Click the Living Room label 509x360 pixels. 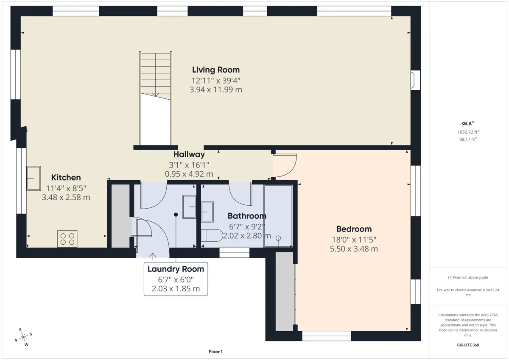[216, 70]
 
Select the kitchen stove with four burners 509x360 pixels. [67, 239]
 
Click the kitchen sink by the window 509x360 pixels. [34, 178]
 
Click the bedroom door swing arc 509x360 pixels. [292, 169]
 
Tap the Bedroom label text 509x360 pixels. [354, 229]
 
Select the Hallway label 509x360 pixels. [189, 154]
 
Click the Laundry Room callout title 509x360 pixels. [176, 269]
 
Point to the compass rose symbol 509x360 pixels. [23, 337]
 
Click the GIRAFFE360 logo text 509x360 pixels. [468, 345]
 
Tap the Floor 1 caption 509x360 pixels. [215, 352]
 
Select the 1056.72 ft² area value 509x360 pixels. [468, 132]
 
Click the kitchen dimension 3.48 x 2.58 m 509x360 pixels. [66, 197]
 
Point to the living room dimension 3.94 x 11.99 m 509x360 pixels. [216, 90]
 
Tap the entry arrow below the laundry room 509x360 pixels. [153, 257]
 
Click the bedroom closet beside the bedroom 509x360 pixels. [285, 291]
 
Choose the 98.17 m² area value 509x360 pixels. [468, 139]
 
